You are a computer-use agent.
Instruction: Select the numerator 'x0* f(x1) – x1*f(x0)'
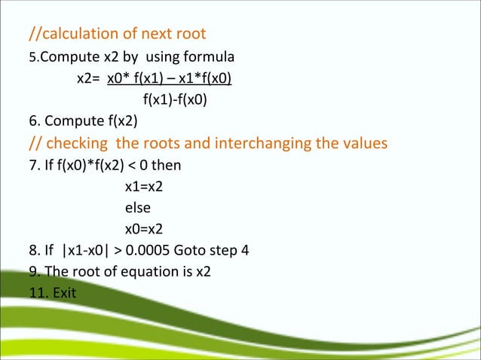170,78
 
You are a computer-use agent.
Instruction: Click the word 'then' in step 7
166,165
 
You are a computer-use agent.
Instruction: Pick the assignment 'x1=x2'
144,186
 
